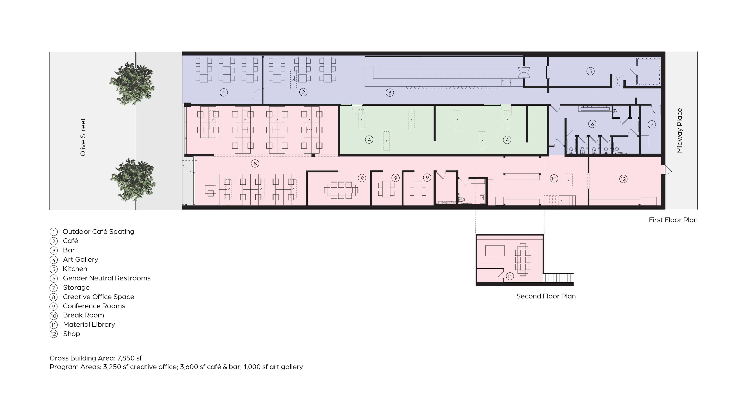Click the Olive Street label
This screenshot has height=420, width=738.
[x=83, y=137]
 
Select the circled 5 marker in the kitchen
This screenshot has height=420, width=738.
[x=590, y=71]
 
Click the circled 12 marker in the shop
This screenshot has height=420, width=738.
[x=623, y=179]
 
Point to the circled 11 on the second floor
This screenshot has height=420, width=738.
[x=510, y=276]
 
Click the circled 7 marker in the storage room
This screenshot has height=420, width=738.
[x=652, y=124]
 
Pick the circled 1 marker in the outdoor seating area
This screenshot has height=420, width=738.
[x=224, y=92]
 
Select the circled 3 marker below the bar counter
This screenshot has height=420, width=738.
[x=390, y=93]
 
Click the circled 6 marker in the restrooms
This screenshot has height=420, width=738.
[x=592, y=124]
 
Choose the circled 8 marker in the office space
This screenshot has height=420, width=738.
[x=255, y=164]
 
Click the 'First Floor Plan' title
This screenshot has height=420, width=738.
[x=673, y=220]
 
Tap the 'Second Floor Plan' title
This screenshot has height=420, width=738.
[x=546, y=296]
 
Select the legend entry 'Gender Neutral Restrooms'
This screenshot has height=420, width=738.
[x=106, y=278]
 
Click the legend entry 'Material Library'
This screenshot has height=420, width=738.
[x=89, y=325]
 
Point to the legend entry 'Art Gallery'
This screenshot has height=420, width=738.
[x=81, y=259]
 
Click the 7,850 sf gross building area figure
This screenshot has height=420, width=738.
[x=129, y=358]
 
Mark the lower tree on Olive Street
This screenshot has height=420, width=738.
[x=133, y=179]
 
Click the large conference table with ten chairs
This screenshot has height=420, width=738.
[x=341, y=190]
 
